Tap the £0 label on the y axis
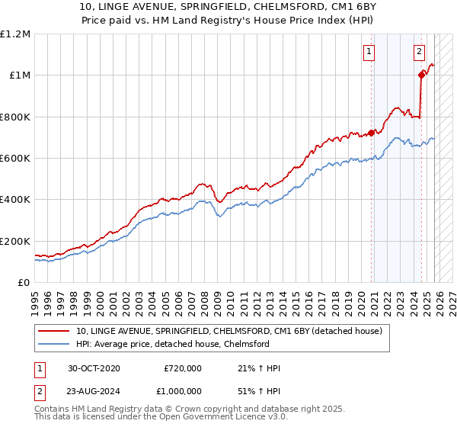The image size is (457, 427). [x=23, y=282]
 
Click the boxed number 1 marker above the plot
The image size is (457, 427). [x=369, y=52]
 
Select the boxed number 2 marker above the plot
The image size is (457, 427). [x=420, y=52]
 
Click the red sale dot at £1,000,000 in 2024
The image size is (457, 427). [x=421, y=75]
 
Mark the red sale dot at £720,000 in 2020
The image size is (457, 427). [x=372, y=133]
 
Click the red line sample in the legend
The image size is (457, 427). [x=54, y=331]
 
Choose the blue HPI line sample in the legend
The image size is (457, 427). [x=54, y=344]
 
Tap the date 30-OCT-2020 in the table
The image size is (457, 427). [x=94, y=368]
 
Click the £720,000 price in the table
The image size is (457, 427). [x=183, y=368]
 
